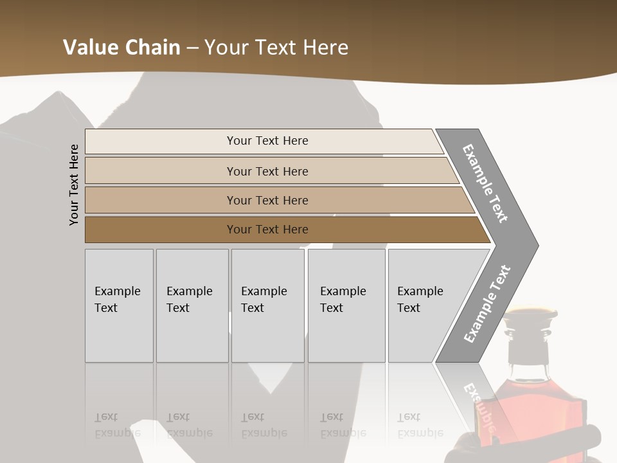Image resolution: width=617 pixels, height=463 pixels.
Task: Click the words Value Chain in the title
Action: (x=121, y=48)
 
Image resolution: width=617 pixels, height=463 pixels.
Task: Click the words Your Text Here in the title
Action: (x=276, y=48)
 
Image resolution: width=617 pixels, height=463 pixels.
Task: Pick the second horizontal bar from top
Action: (x=267, y=171)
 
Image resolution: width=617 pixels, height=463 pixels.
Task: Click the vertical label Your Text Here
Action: (x=74, y=185)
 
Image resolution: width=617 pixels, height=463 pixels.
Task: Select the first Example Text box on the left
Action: (x=119, y=305)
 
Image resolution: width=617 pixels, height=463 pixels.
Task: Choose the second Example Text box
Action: (x=192, y=305)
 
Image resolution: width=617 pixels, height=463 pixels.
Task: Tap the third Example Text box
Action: (x=267, y=305)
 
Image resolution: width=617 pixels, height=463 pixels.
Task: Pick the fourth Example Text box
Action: (x=346, y=305)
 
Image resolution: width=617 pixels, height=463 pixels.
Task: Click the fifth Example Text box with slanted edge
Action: (x=424, y=305)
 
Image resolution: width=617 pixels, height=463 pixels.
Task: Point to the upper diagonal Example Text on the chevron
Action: (x=485, y=183)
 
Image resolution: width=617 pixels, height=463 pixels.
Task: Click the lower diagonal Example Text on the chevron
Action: (x=487, y=304)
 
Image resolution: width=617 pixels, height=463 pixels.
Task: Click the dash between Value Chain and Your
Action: (x=192, y=48)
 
